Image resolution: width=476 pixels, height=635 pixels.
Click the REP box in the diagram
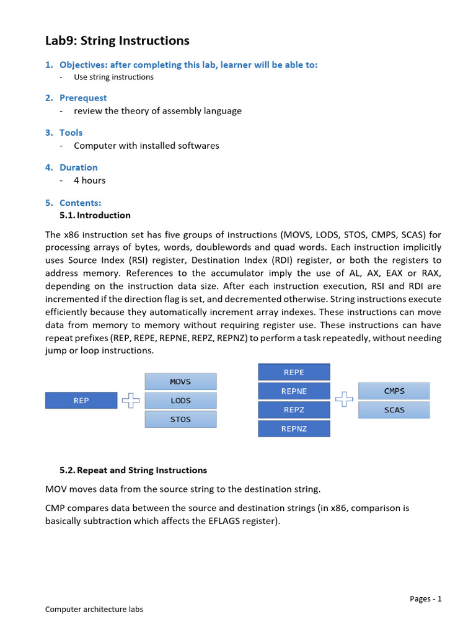(x=81, y=401)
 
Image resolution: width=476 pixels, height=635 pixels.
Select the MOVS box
(x=180, y=381)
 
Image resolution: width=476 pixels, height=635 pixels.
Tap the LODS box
(x=180, y=401)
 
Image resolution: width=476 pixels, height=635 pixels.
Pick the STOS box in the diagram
(x=180, y=419)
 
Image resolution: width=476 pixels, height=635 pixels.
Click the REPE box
(x=294, y=372)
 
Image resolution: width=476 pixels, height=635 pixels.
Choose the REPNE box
(x=294, y=391)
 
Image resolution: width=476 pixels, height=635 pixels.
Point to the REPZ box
(x=294, y=410)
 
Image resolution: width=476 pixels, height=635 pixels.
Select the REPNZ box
(x=294, y=429)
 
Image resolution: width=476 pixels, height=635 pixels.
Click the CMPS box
(x=394, y=391)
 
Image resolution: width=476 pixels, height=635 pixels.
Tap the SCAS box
(x=394, y=410)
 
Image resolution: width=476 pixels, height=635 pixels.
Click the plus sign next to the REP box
(x=131, y=401)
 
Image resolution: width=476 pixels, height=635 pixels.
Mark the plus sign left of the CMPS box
(x=344, y=400)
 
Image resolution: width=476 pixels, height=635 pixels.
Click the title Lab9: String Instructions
(x=117, y=41)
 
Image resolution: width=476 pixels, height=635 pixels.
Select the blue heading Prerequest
(x=83, y=98)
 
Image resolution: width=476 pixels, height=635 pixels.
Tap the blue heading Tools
(x=71, y=133)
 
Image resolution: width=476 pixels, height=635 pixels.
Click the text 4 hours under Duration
(x=90, y=180)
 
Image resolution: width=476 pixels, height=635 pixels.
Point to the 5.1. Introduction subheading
(x=95, y=215)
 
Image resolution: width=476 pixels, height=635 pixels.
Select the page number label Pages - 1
(x=425, y=598)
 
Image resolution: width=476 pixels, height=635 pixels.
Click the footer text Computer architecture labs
(x=94, y=609)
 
